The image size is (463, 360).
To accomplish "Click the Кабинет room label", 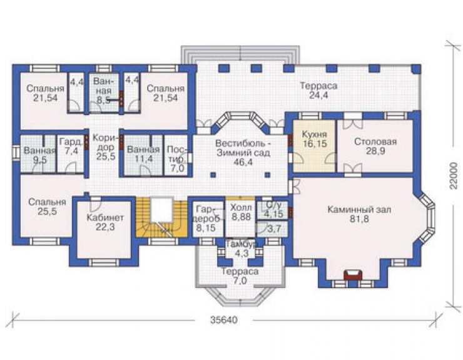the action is (105, 218).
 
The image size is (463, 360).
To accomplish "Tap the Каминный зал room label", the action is (359, 210).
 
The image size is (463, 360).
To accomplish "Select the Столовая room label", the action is (375, 141).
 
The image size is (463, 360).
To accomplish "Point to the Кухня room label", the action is (315, 135).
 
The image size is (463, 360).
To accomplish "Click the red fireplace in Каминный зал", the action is (353, 275).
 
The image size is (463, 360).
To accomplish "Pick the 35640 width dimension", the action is (224, 320).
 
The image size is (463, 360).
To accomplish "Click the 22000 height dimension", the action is (454, 176).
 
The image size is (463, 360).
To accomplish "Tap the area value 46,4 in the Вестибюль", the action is (243, 162).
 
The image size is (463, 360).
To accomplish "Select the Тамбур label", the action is (241, 244).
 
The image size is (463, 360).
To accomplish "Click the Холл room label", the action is (242, 207).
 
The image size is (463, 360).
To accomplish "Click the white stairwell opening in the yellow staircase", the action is (161, 210).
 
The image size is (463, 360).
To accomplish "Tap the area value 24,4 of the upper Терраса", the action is (318, 95).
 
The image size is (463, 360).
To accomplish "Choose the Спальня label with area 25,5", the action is (48, 202).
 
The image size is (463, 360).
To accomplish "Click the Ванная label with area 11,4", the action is (143, 150).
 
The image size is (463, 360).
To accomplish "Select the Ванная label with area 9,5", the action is (39, 151).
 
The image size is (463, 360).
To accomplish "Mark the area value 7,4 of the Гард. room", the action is (71, 151).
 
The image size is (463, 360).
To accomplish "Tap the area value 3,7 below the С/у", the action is (273, 228).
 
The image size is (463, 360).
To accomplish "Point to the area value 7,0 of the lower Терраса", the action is (240, 280).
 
